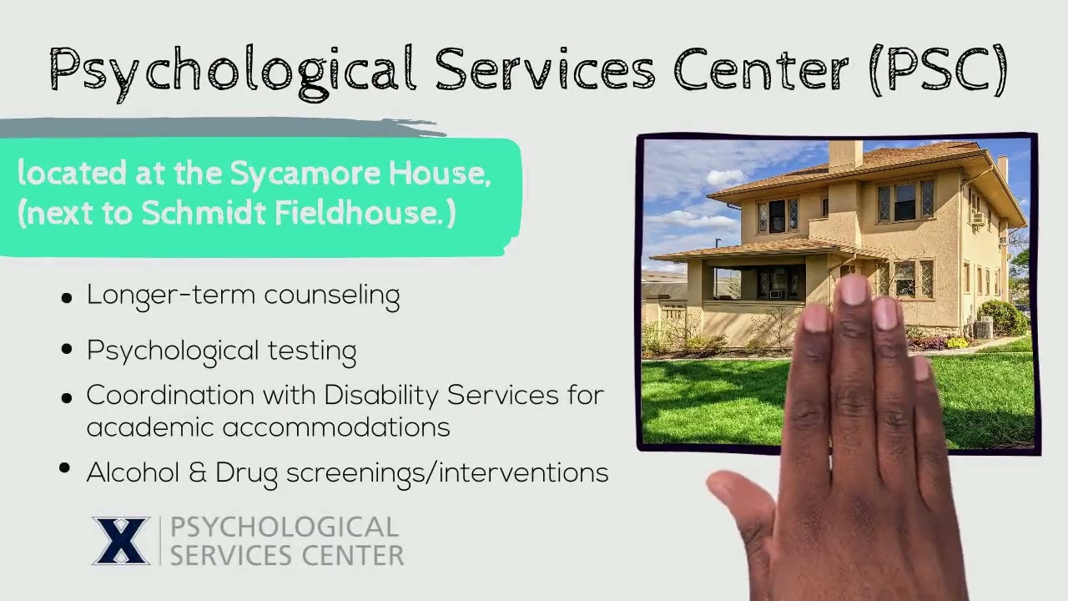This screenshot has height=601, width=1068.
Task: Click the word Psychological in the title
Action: [x=232, y=70]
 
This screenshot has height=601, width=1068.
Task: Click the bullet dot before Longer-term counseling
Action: [x=67, y=298]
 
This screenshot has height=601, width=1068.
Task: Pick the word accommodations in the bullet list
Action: [x=336, y=427]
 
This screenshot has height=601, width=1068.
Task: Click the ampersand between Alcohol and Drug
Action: [x=197, y=473]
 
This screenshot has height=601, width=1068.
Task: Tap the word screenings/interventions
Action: [x=447, y=473]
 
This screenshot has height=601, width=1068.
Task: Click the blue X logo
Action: [x=121, y=541]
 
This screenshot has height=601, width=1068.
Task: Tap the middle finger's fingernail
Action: [x=854, y=290]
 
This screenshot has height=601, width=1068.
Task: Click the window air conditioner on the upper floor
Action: [x=978, y=219]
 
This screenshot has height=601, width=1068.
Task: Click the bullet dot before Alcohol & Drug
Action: [x=65, y=469]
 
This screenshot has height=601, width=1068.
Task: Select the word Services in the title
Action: [x=545, y=70]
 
